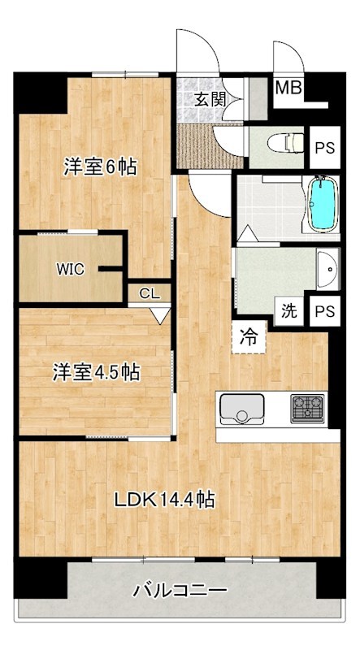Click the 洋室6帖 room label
click(100, 167)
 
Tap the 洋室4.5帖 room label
click(97, 373)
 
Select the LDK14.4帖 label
click(164, 500)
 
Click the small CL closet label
click(150, 293)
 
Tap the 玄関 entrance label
click(209, 101)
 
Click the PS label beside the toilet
click(325, 149)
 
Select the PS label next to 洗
click(325, 311)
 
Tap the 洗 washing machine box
click(289, 311)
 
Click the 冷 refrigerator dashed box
click(250, 336)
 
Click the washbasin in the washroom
click(327, 268)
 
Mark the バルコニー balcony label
click(180, 589)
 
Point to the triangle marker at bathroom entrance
click(247, 234)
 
